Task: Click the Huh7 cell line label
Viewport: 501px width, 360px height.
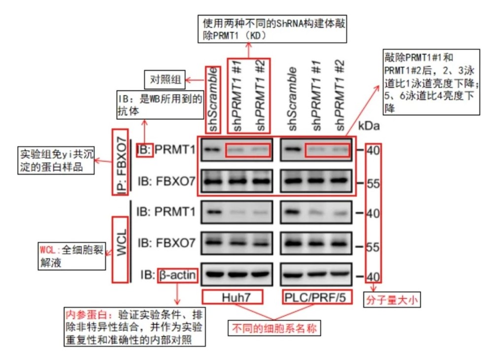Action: click(233, 297)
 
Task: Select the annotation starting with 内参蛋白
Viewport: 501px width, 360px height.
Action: click(135, 327)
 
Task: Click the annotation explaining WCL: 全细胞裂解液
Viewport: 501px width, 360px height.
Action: click(72, 256)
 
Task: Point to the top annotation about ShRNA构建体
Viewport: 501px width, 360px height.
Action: click(273, 29)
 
